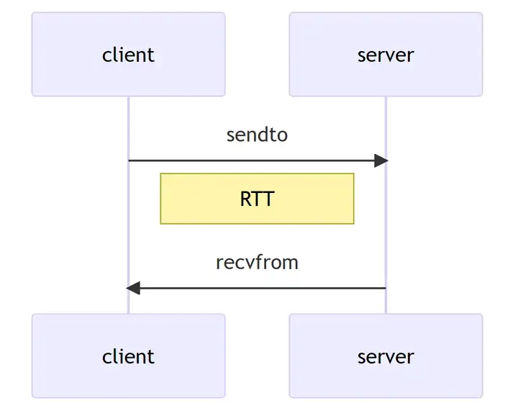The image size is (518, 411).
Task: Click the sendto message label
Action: [x=257, y=135]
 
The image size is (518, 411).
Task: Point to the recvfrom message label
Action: [x=257, y=262]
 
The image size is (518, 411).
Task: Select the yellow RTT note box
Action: [x=187, y=199]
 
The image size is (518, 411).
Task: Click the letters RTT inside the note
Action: [x=257, y=199]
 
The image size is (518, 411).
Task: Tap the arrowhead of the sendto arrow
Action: [x=381, y=161]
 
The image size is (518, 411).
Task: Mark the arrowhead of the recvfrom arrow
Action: [x=133, y=289]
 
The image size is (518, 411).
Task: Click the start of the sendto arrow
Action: [x=131, y=161]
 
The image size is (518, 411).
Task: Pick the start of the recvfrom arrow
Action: [x=383, y=289]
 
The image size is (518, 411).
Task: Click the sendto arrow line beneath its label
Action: [x=257, y=161]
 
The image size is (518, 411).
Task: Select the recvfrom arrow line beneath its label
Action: [x=257, y=289]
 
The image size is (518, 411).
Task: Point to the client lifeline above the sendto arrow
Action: [x=129, y=126]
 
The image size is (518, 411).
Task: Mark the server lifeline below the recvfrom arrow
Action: [x=386, y=302]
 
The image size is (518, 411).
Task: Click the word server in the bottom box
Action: [x=386, y=356]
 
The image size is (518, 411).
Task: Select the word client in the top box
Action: [x=128, y=55]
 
